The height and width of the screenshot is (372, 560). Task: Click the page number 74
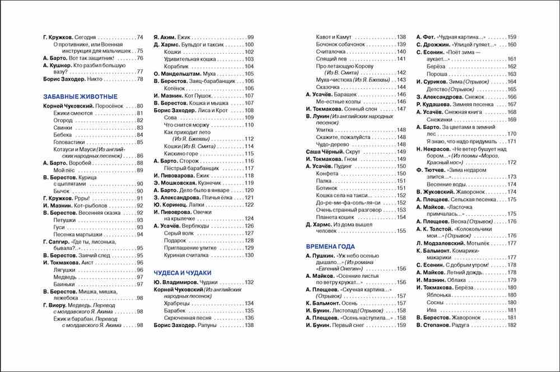pyautogui.click(x=140, y=36)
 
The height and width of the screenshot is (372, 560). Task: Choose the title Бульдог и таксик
pyautogui.click(x=210, y=44)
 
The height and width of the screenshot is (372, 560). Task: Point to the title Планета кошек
pyautogui.click(x=335, y=217)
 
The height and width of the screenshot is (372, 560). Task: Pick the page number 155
pyautogui.click(x=401, y=231)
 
